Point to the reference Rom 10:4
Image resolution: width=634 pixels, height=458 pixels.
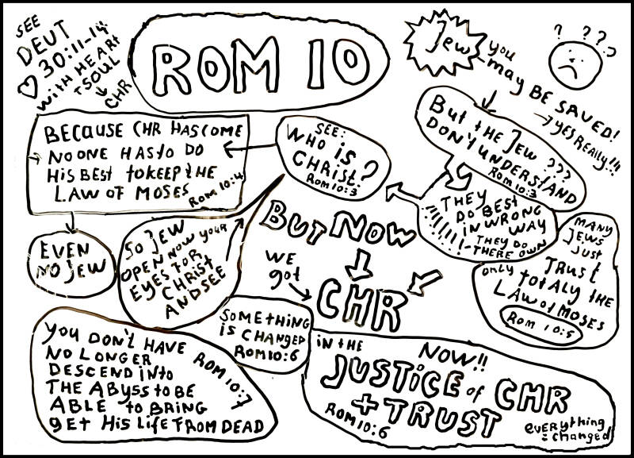point(223,189)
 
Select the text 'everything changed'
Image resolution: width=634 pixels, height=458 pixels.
point(569,428)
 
